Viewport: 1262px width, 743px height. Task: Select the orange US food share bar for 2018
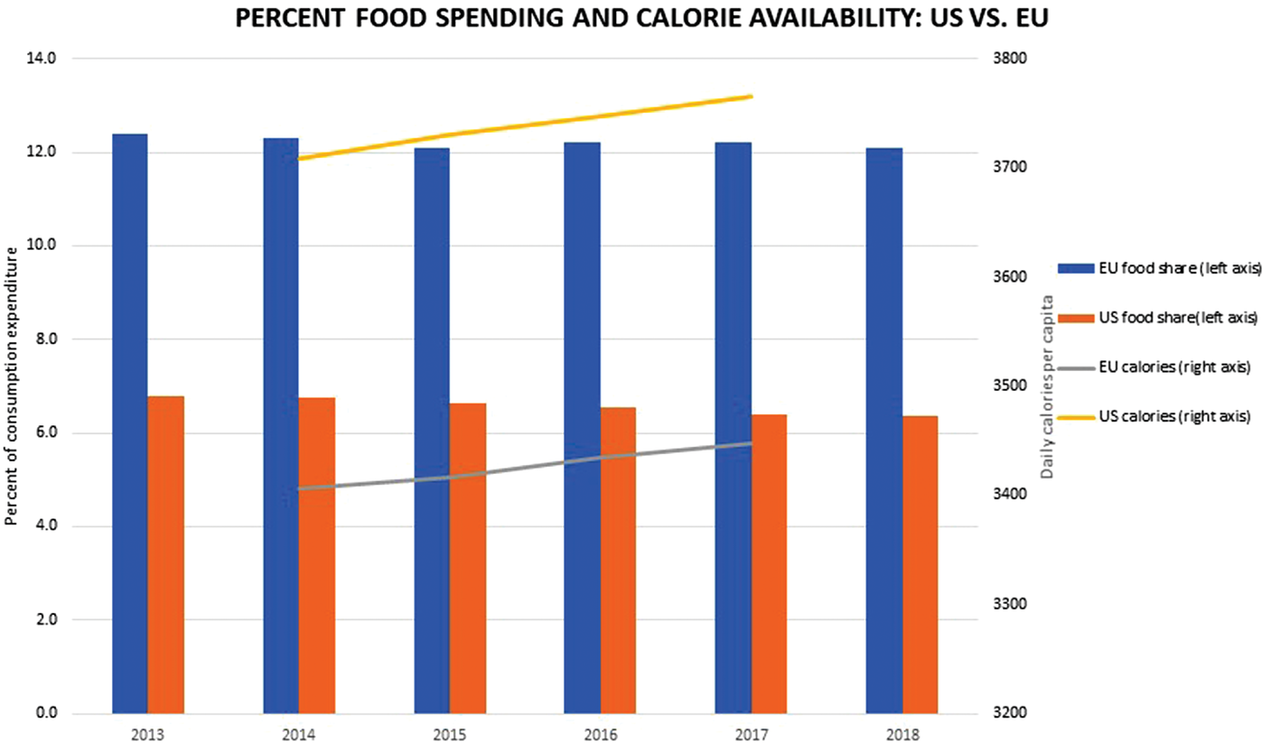tap(920, 563)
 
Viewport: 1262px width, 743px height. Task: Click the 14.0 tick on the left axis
tap(43, 59)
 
